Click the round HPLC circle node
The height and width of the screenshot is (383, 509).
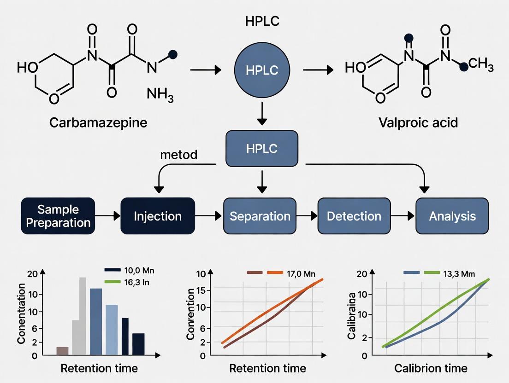[261, 70]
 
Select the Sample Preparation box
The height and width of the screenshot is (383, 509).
[58, 216]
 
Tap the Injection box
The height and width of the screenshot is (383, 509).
[158, 216]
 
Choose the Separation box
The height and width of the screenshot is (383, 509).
[260, 216]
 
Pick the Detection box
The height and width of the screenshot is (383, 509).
[354, 216]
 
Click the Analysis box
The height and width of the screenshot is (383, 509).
[452, 216]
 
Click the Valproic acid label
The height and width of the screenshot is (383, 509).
[419, 123]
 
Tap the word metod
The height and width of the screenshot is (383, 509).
[178, 155]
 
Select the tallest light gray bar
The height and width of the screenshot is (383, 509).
[83, 316]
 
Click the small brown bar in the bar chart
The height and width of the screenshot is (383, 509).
[62, 351]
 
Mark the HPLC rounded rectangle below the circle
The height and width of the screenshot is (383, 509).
[261, 148]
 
